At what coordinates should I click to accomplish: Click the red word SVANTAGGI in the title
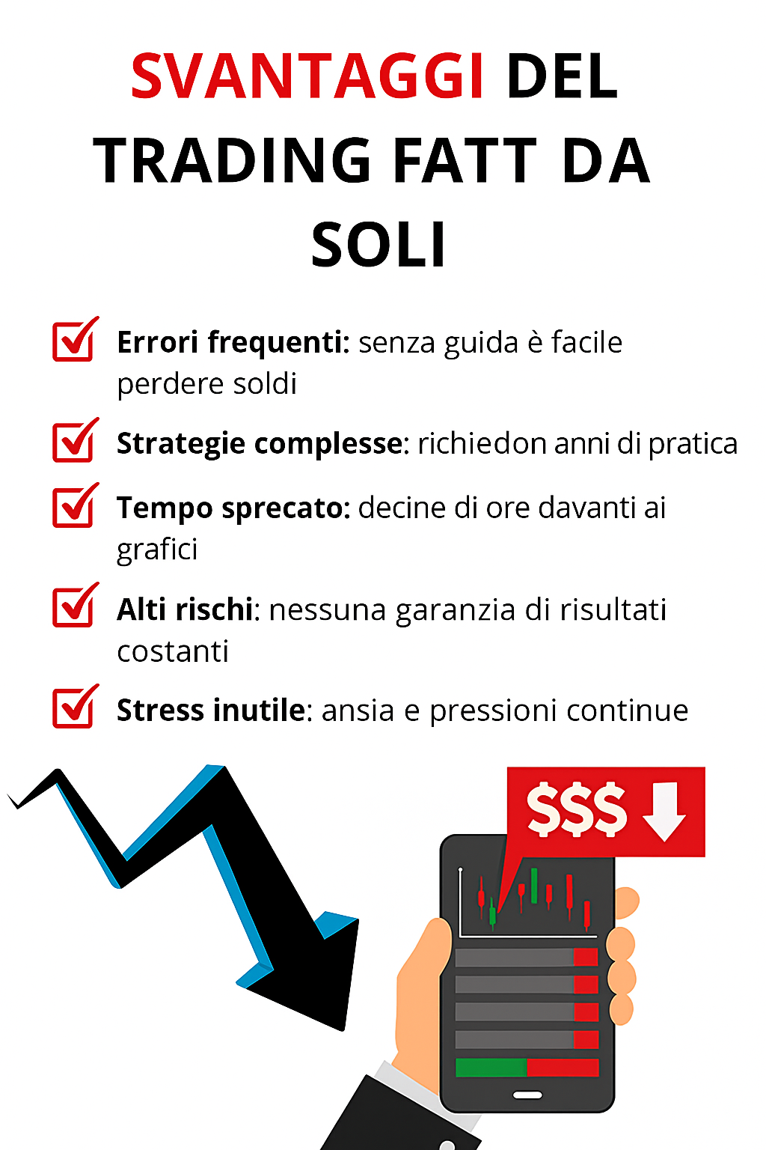coord(307,76)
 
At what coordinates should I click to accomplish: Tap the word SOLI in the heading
coord(379,244)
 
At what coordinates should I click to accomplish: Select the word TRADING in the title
coord(232,160)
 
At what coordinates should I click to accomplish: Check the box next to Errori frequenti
coord(75,339)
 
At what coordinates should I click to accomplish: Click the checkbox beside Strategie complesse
coord(75,440)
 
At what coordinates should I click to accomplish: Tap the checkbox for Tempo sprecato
coord(75,505)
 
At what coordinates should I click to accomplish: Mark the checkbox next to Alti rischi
coord(75,605)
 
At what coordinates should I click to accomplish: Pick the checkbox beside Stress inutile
coord(75,706)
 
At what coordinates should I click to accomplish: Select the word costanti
coord(172,651)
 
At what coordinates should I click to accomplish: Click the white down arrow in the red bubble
coord(664,811)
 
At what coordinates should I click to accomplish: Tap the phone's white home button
coord(527,1095)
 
